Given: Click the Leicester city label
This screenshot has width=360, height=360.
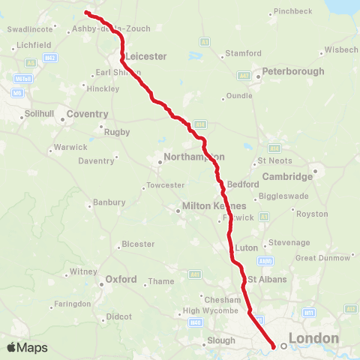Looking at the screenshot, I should pos(147,56).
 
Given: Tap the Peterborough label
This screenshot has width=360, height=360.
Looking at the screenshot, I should pos(292,71).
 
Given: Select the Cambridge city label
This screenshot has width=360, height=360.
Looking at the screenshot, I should pos(287,177).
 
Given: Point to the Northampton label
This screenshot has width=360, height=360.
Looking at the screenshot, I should pos(191,157).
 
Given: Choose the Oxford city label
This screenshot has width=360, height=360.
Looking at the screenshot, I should pos(121,280).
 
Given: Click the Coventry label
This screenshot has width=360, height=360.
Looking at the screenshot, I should pos(88,114).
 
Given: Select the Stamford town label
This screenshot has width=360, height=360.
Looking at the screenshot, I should pos(245,54).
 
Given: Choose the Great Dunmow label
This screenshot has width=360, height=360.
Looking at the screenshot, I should pos(322,257).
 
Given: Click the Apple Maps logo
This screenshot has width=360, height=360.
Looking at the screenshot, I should pos(27,347).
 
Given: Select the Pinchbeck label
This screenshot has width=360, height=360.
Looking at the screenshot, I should pos(293,12).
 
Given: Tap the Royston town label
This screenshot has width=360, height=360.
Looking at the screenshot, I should pos(313,214).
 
